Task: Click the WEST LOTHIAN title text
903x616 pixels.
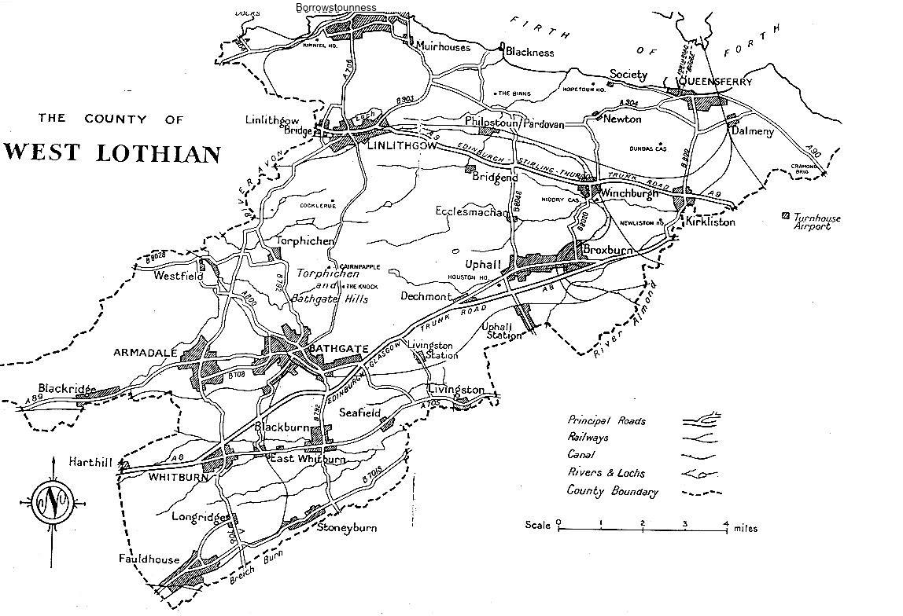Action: (111, 152)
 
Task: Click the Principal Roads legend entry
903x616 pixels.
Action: (606, 421)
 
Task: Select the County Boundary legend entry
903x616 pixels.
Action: (612, 491)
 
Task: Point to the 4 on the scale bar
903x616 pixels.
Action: (726, 522)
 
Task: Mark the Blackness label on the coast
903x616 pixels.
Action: (529, 53)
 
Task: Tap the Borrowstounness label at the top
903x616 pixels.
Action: (336, 7)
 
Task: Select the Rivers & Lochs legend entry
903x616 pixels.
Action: (606, 473)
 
